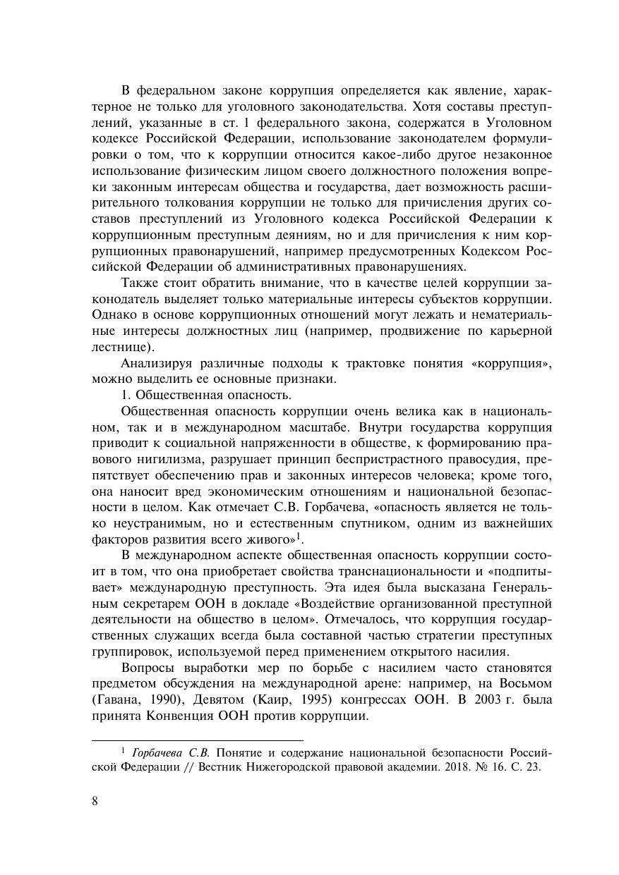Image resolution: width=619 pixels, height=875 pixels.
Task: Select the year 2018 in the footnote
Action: point(416,768)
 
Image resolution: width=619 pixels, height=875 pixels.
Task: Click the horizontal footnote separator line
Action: point(198,740)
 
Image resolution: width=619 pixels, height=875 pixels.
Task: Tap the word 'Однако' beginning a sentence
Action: point(116,314)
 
